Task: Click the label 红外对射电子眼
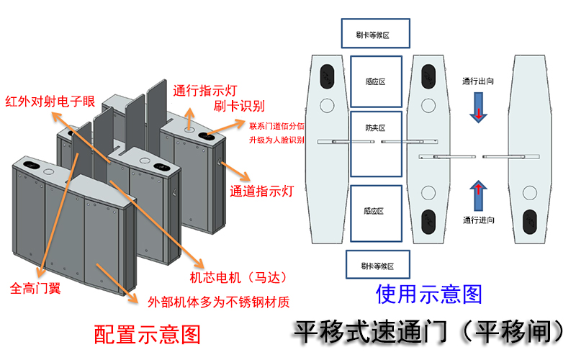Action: coord(50,101)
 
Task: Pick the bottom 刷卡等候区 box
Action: coord(376,266)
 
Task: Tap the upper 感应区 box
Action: coord(376,82)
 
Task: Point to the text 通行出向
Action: coord(477,82)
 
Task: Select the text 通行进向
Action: coord(477,220)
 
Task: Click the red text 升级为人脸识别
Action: coord(276,140)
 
